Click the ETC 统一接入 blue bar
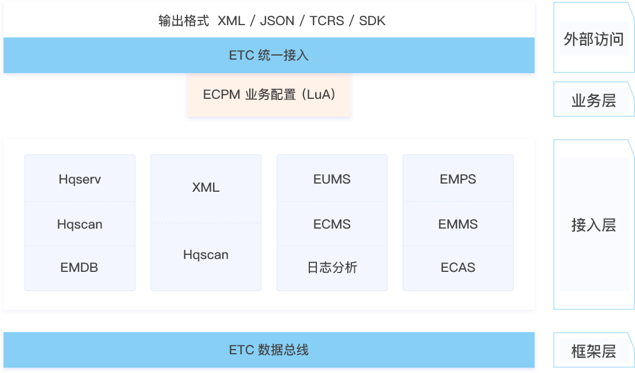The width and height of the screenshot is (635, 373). (269, 56)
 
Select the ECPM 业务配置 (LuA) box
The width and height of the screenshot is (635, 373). (269, 94)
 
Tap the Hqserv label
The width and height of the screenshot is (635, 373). (80, 179)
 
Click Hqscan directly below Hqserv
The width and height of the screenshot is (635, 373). (80, 224)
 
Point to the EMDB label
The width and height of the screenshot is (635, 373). (79, 268)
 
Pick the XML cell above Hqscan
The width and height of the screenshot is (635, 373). (206, 188)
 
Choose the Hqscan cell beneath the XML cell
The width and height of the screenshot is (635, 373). (206, 255)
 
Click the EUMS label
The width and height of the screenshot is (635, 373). (332, 179)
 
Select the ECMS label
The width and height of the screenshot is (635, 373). (332, 224)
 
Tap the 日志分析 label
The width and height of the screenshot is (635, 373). (332, 268)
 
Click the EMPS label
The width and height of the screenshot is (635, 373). (458, 179)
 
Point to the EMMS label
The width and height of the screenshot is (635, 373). (458, 224)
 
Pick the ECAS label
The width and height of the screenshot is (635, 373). (458, 268)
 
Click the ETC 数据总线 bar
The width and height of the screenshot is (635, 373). (269, 350)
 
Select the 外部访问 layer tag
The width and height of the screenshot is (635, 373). (594, 39)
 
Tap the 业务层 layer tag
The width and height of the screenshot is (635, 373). (594, 101)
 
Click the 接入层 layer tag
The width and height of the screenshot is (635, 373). (594, 225)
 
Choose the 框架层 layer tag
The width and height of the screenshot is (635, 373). (594, 351)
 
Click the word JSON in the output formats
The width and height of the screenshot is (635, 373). (277, 21)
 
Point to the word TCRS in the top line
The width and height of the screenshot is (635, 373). (326, 21)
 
